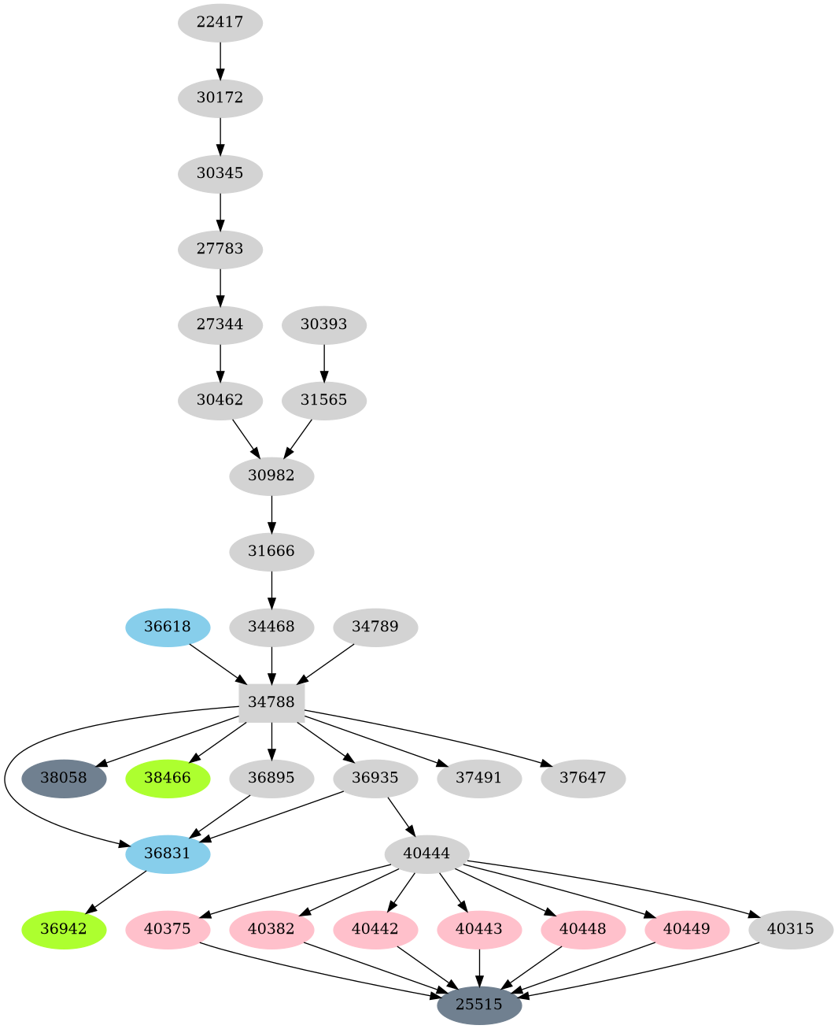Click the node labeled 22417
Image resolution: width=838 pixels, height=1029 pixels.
pos(220,22)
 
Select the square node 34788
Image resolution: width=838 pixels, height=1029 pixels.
pos(271,701)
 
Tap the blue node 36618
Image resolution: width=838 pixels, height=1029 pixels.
pos(168,627)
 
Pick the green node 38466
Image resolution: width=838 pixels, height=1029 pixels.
pos(168,778)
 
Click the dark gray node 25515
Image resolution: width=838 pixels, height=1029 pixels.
pos(479,1005)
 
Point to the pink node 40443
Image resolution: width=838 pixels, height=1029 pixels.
pos(479,929)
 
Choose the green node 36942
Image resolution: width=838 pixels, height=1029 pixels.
pos(64,929)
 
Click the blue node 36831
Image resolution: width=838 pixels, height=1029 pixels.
pos(168,853)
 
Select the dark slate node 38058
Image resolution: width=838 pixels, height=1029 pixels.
pos(64,778)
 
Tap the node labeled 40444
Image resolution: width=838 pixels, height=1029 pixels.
pos(427,853)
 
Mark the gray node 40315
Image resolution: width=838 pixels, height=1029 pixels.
pos(791,929)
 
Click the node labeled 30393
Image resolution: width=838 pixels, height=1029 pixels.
pos(323,324)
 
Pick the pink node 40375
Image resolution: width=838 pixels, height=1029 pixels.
pos(168,929)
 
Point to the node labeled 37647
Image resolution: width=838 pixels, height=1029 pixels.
pos(583,778)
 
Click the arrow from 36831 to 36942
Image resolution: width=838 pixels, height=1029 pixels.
pos(116,891)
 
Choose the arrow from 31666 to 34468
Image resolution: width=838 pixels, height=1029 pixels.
pos(271,588)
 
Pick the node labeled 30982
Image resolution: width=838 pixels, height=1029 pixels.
pos(271,476)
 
